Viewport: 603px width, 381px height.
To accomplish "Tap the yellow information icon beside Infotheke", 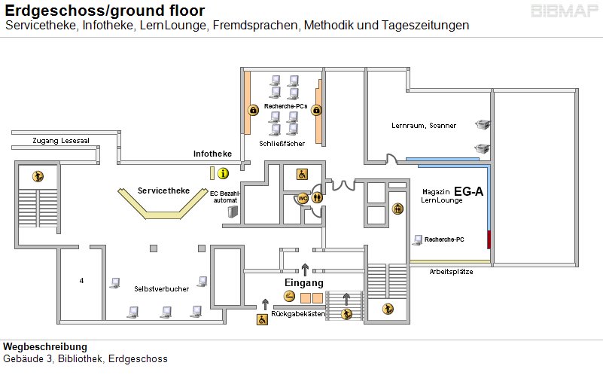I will click(x=223, y=173).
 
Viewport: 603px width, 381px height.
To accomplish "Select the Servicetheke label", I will click(x=163, y=190).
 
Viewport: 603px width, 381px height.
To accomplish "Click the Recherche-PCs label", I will click(x=285, y=106).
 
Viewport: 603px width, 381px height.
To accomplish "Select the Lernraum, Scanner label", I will click(x=424, y=125).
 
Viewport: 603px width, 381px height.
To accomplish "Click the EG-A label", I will click(x=468, y=192).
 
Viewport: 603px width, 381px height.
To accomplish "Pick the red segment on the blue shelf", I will click(x=489, y=240).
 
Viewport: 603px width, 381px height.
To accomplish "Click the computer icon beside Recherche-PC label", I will click(x=417, y=239).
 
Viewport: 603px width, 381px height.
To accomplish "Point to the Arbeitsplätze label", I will click(x=451, y=272).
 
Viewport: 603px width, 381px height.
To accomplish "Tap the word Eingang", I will click(x=303, y=282).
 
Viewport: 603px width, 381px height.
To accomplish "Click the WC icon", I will click(x=303, y=199).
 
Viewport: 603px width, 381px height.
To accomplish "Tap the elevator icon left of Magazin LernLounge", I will click(x=397, y=209).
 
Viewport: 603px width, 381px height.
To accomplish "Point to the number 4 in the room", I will click(x=81, y=281).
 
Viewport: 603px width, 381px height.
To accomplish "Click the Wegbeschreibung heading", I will click(x=39, y=346).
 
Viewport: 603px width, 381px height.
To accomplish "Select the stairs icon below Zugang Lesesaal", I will click(x=37, y=176).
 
